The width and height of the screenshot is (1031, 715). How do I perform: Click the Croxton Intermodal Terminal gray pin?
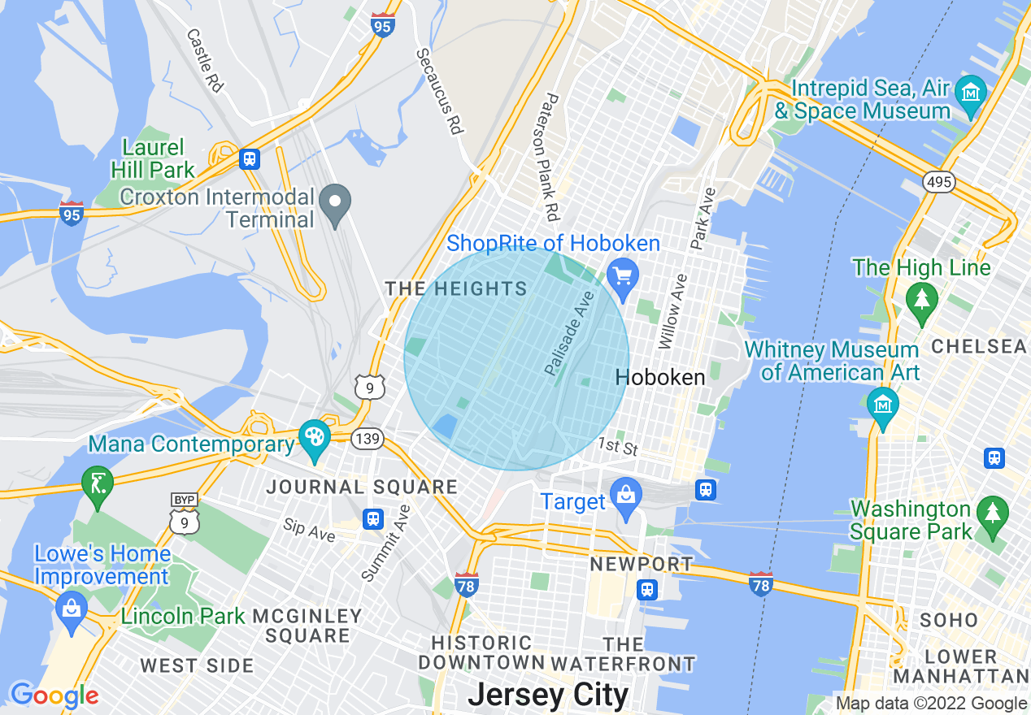[x=334, y=203]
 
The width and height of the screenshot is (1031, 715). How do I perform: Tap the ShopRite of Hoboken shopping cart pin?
[x=624, y=278]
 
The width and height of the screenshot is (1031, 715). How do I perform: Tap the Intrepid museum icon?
[x=971, y=93]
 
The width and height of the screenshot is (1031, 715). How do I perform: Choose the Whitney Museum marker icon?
[x=882, y=403]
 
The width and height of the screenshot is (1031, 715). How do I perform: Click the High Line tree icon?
[x=921, y=299]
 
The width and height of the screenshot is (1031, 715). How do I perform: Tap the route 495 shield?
[x=938, y=182]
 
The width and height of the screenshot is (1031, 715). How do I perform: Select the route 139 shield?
[x=368, y=439]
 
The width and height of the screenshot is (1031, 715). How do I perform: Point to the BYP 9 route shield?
[x=185, y=517]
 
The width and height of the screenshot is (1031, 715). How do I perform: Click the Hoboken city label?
[x=660, y=377]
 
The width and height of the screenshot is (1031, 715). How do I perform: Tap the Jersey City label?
[x=548, y=695]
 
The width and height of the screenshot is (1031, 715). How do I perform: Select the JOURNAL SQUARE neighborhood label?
[x=363, y=487]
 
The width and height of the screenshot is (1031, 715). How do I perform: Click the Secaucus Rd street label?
[x=440, y=91]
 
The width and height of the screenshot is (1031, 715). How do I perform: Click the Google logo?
[x=54, y=695]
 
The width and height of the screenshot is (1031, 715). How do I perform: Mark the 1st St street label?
[x=619, y=445]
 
